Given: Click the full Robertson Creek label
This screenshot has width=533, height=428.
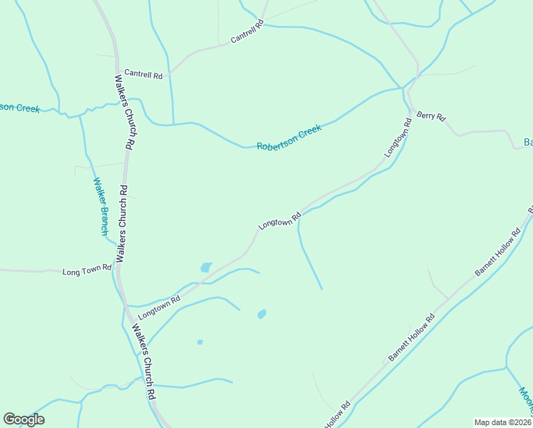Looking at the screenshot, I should pyautogui.click(x=289, y=138).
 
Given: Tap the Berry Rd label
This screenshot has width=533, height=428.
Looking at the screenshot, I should pyautogui.click(x=430, y=116).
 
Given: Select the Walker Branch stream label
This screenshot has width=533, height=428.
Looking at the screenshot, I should pyautogui.click(x=99, y=206).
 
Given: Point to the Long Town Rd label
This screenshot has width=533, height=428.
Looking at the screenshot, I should pyautogui.click(x=87, y=271).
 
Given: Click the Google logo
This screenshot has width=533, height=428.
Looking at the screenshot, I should pyautogui.click(x=24, y=419).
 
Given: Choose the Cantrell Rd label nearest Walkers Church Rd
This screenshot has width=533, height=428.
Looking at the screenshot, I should pyautogui.click(x=143, y=73).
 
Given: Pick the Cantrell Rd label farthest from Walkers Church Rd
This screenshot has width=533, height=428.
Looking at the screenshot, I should pyautogui.click(x=247, y=34).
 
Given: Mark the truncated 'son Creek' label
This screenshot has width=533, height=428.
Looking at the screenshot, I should pyautogui.click(x=20, y=108).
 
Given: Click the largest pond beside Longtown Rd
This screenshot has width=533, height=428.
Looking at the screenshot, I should pyautogui.click(x=206, y=267).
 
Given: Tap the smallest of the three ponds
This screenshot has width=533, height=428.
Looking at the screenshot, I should pyautogui.click(x=200, y=342).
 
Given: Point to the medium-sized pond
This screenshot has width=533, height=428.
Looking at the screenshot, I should pyautogui.click(x=262, y=314).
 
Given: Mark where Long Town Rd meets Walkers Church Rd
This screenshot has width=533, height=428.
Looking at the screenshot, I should pyautogui.click(x=115, y=272).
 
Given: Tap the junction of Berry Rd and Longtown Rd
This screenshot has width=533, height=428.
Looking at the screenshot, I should pyautogui.click(x=411, y=104).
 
